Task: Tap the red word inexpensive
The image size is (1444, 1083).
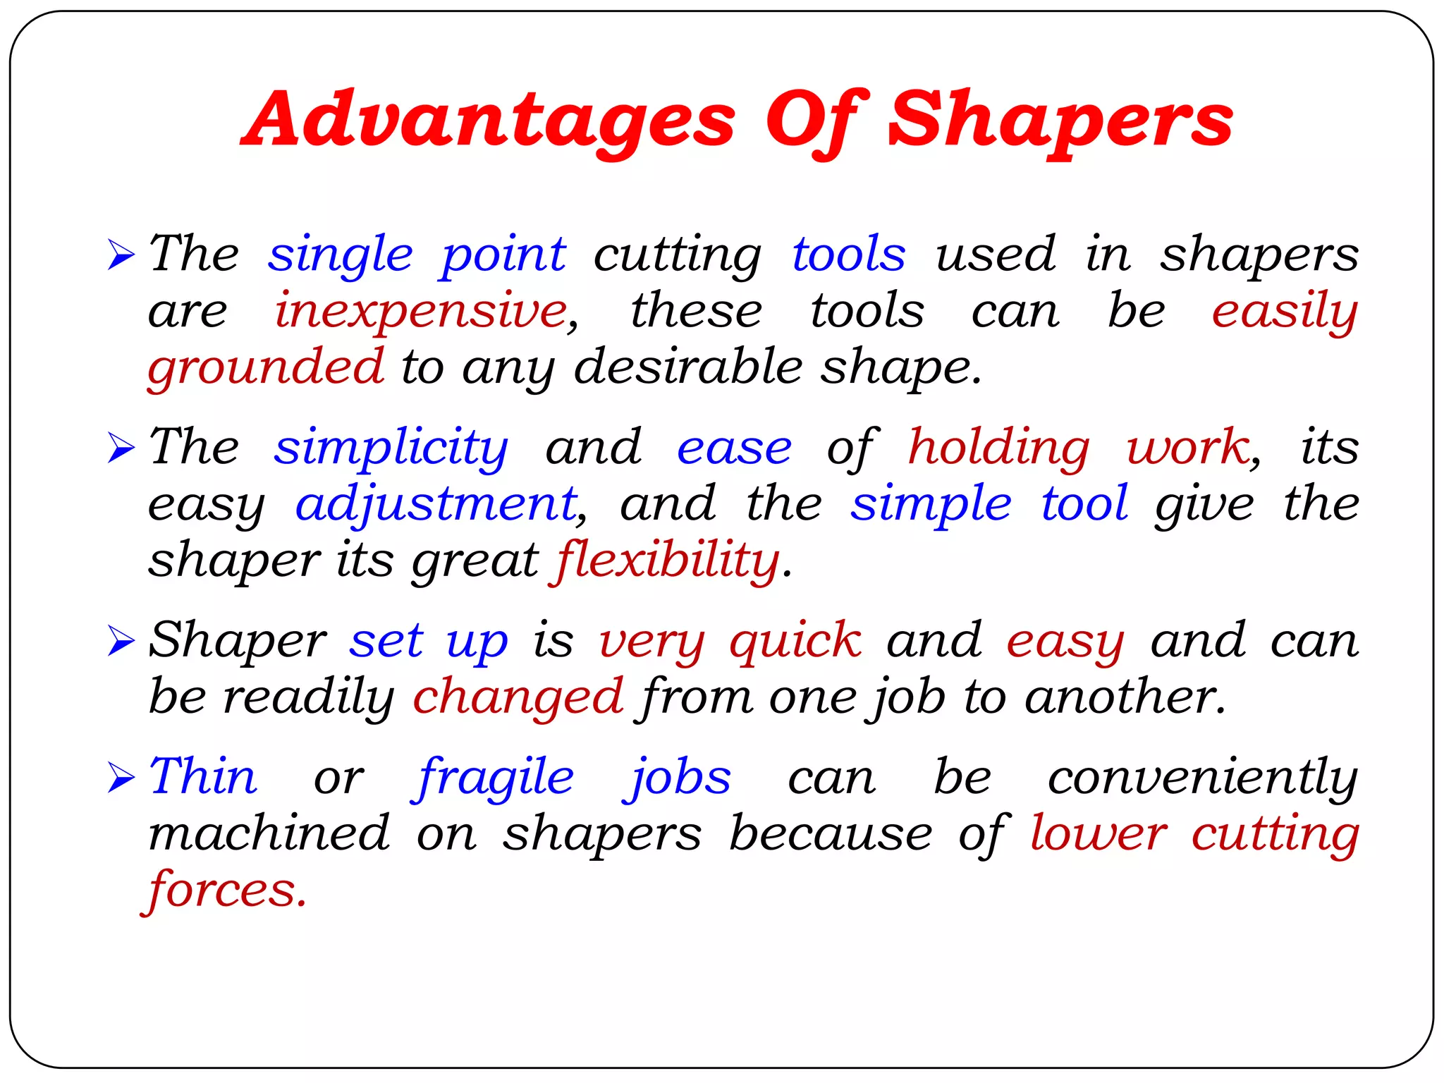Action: pos(421,311)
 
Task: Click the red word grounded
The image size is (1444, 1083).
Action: pos(265,367)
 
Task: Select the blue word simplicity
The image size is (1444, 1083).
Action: pos(391,448)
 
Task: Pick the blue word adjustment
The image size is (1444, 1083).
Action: pos(436,505)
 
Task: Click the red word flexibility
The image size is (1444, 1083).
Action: pos(666,561)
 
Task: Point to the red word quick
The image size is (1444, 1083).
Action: pos(795,642)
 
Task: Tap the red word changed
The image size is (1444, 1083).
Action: pos(518,697)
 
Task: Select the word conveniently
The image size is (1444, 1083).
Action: pos(1202,778)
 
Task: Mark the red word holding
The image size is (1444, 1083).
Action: pos(998,448)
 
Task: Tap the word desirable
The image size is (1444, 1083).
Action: pos(688,367)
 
